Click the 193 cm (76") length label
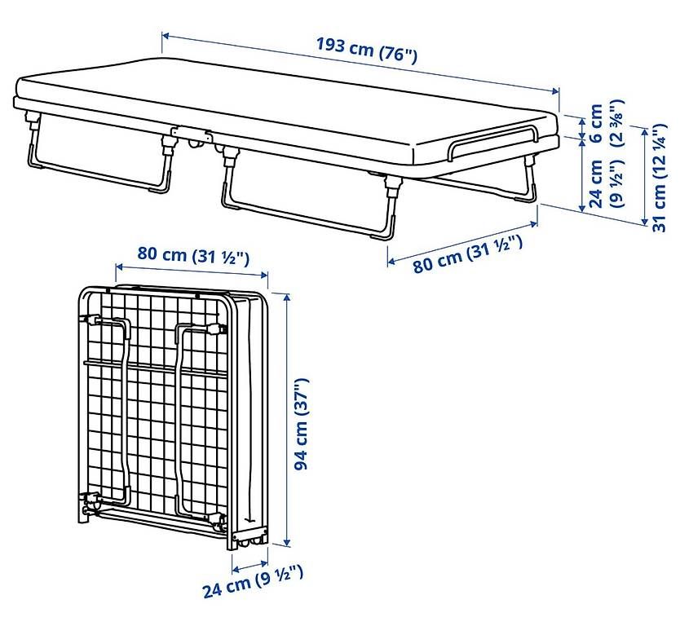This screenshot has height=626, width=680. [366, 51]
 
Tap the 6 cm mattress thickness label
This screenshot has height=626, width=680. [596, 123]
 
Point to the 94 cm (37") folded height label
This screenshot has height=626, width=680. [301, 424]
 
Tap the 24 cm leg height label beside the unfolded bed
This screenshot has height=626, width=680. [596, 184]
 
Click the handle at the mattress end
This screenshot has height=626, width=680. [492, 142]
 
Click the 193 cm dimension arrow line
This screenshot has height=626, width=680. [360, 64]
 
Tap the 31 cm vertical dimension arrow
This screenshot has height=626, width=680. [645, 176]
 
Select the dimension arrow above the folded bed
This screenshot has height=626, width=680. [192, 271]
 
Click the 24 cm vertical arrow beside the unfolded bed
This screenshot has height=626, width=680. [582, 175]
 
